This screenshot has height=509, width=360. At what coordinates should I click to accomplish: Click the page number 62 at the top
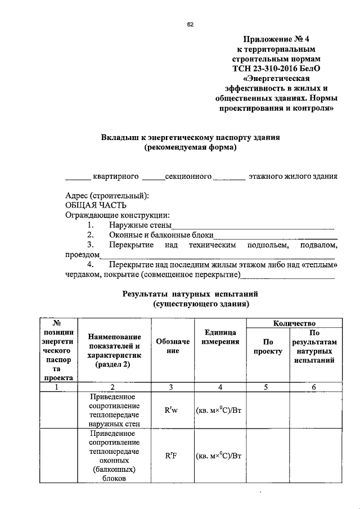pos(190,25)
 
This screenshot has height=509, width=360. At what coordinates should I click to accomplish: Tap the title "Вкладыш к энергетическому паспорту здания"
pos(190,137)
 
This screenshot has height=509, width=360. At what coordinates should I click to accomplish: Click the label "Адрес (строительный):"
pos(107,196)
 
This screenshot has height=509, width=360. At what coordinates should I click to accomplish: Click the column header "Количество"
pos(294,323)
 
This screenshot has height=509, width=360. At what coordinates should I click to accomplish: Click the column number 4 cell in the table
pos(220,387)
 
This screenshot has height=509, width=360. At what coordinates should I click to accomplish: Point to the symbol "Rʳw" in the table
pos(171,411)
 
